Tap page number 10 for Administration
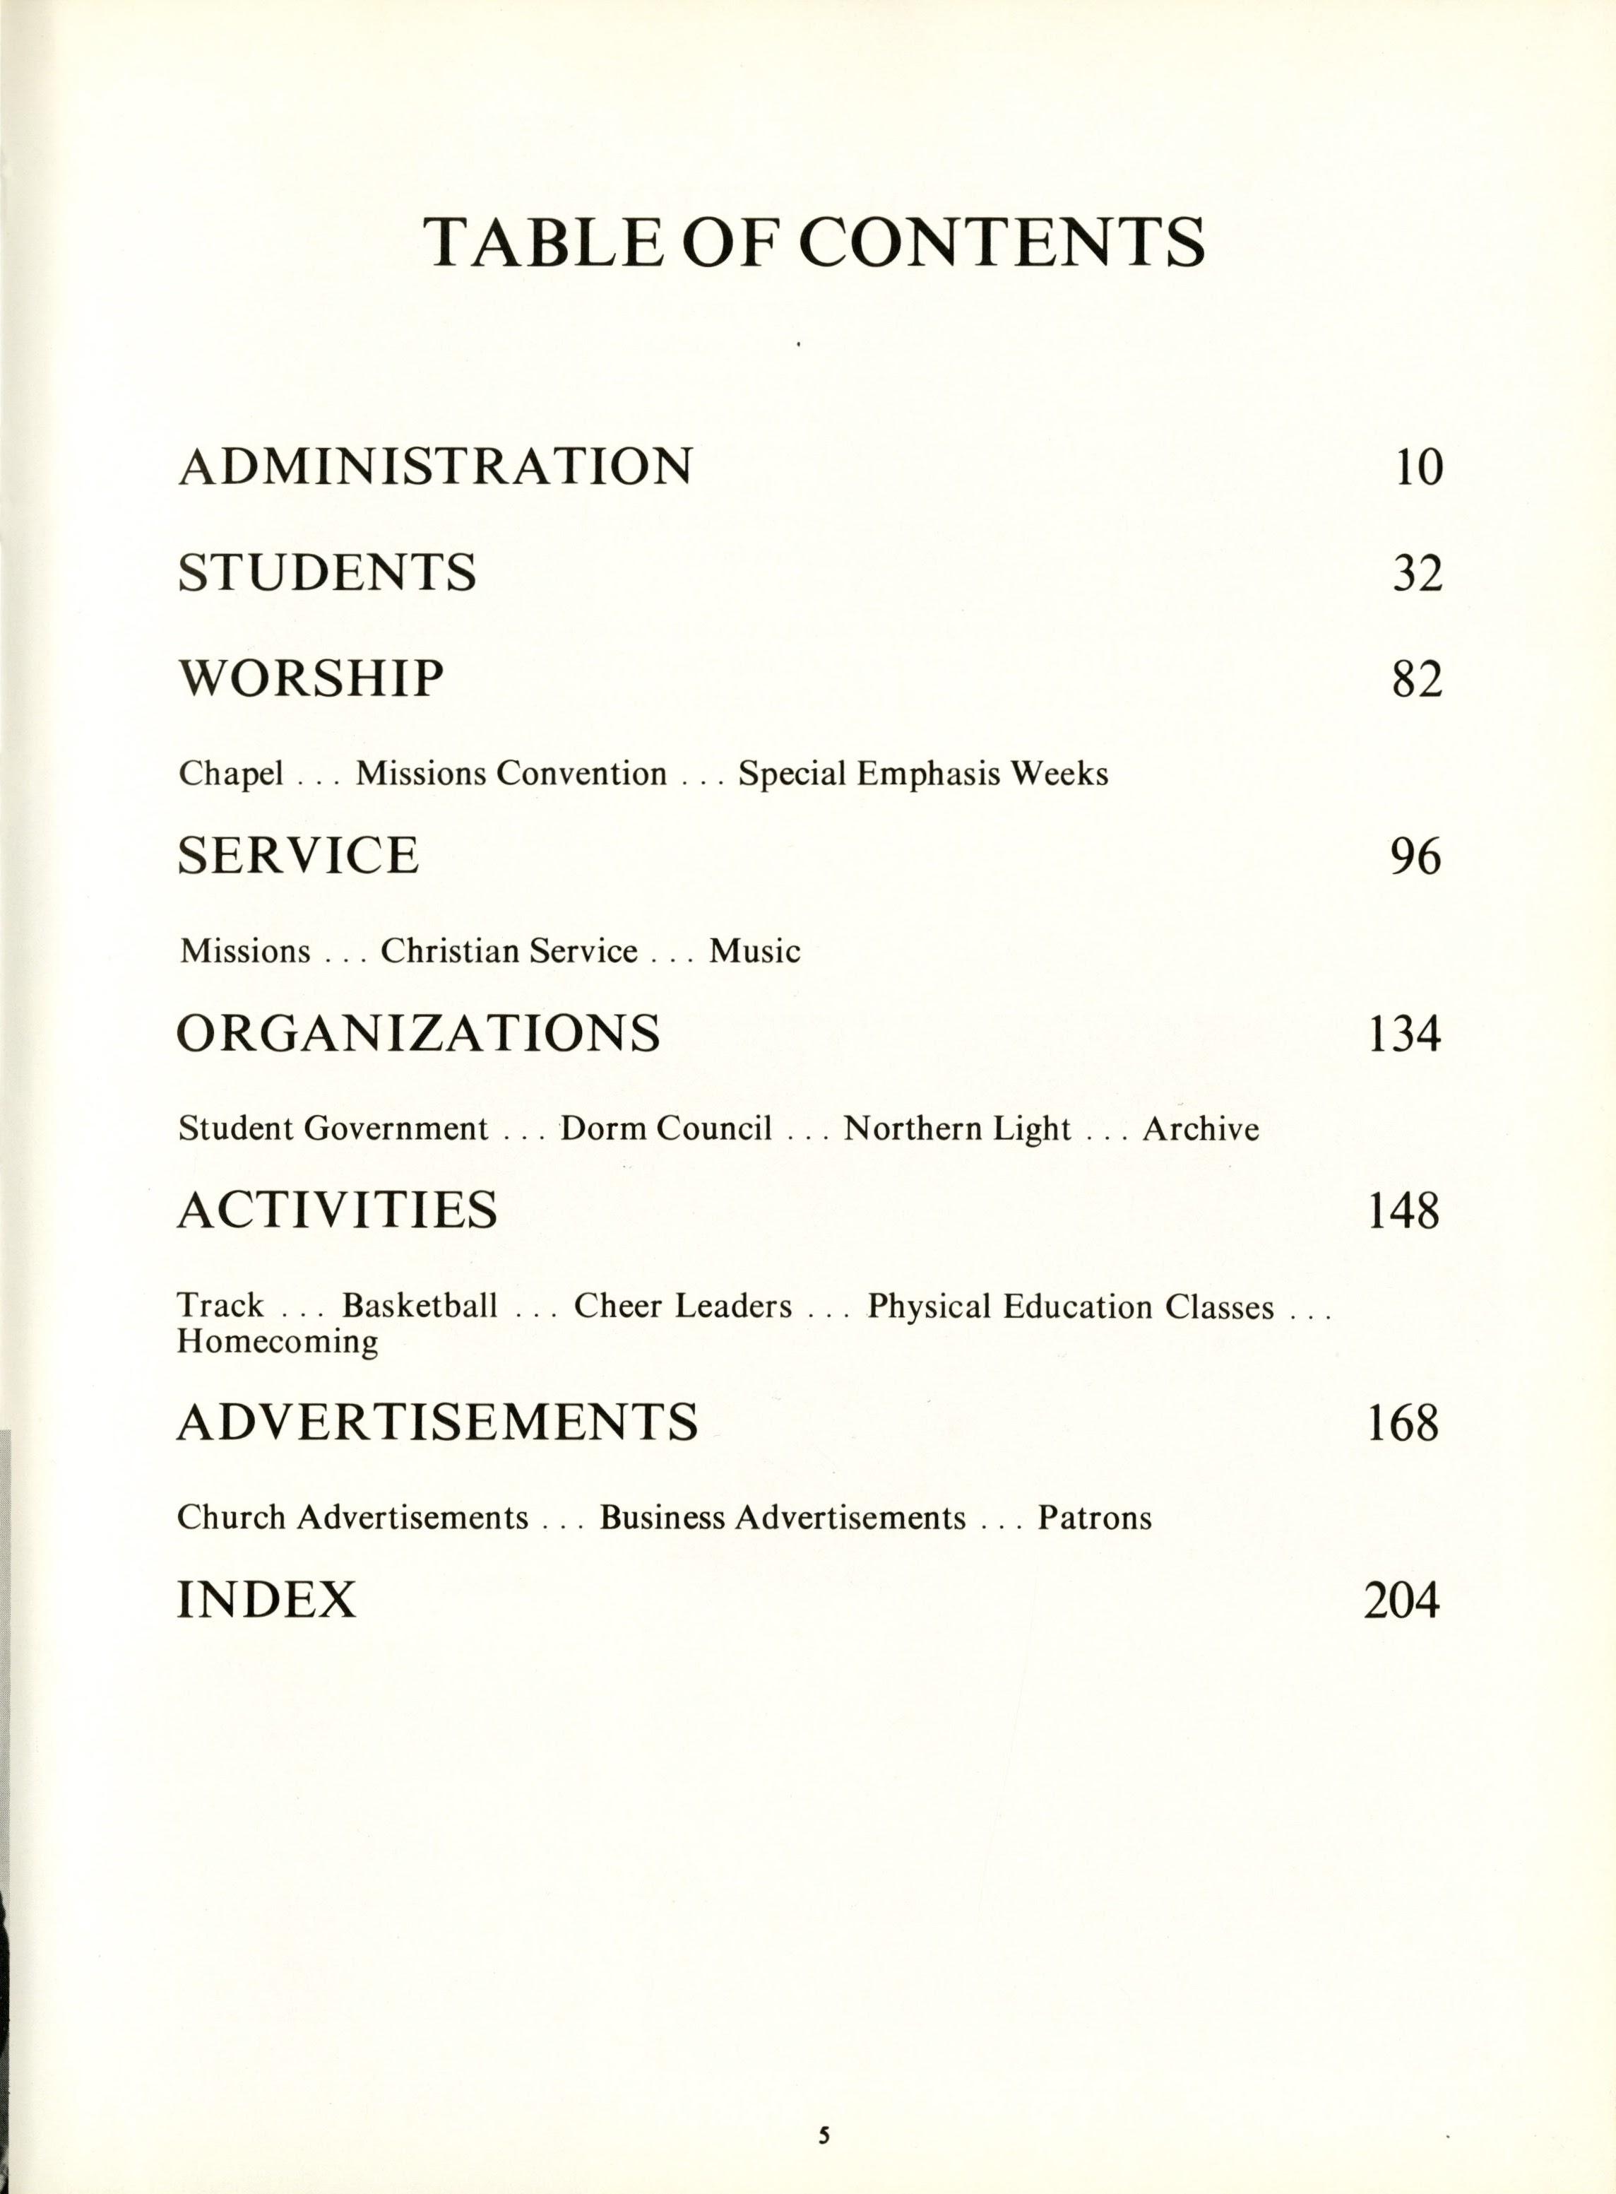click(1418, 467)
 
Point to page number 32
click(1418, 574)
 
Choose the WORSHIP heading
click(310, 678)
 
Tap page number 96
click(1415, 857)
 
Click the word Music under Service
click(754, 951)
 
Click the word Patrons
click(1095, 1518)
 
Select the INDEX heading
click(266, 1600)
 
